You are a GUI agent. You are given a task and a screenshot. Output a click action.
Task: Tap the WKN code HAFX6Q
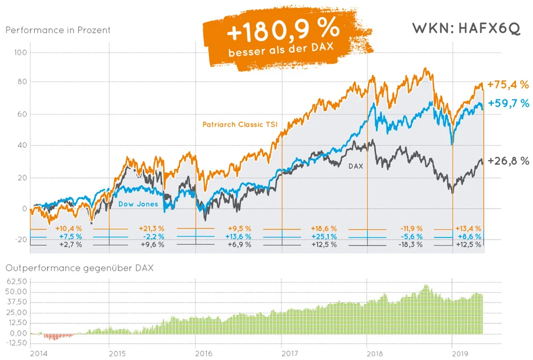coord(466,29)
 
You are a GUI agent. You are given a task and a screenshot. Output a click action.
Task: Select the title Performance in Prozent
coord(58,30)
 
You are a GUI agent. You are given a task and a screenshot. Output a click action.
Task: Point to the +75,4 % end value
coord(508,85)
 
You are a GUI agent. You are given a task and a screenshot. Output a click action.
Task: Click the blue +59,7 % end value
coord(508,103)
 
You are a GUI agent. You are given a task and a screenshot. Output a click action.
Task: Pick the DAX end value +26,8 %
coord(508,161)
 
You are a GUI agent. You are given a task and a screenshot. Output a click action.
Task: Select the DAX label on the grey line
coord(356,166)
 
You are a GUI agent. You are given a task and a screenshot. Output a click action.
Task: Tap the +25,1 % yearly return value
coord(325,236)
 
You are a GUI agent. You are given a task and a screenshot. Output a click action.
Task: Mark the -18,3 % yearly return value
coord(411,244)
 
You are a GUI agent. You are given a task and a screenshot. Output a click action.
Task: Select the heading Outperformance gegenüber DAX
coord(79,268)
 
